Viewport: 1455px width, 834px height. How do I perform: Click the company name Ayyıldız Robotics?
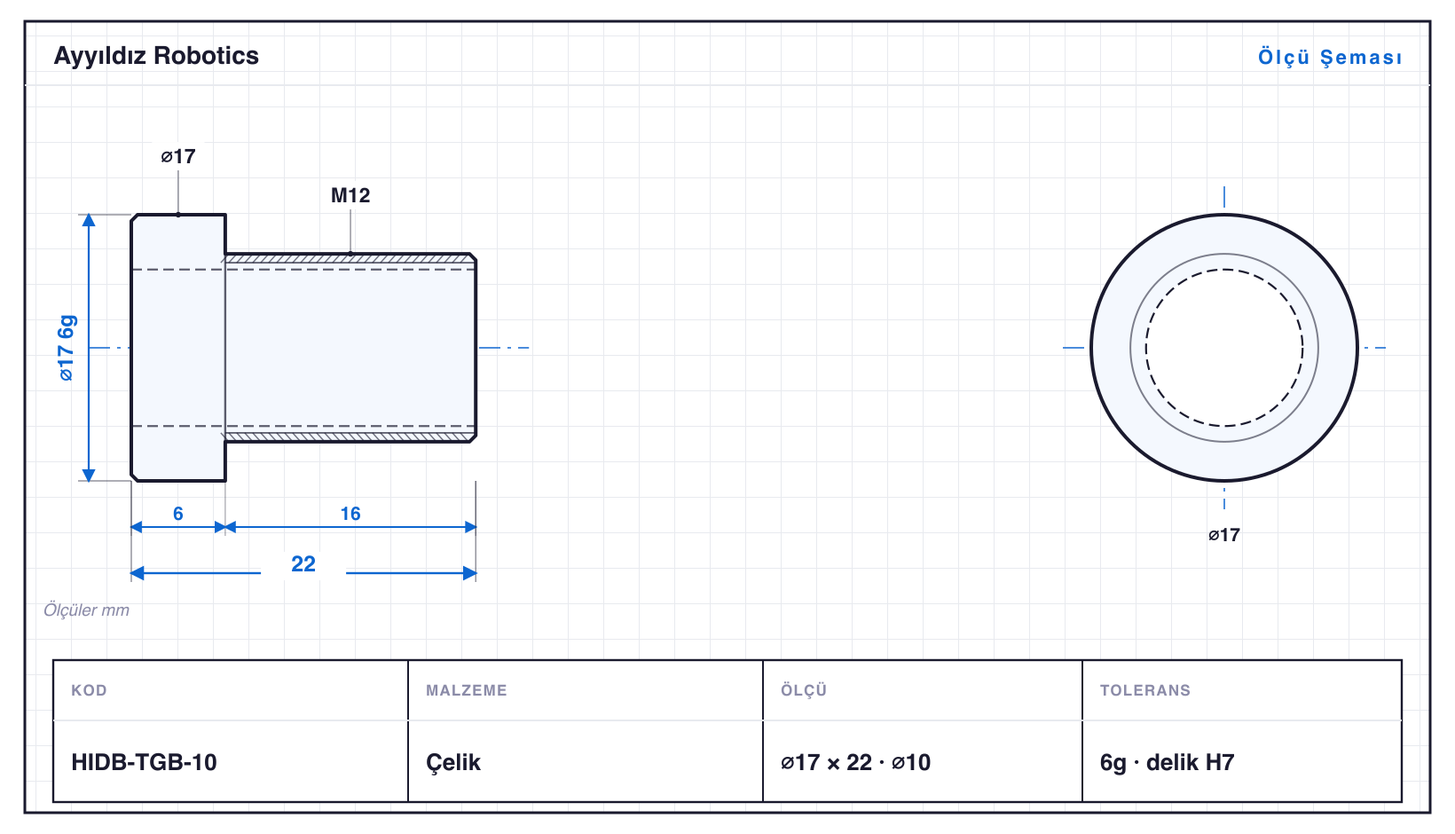point(156,56)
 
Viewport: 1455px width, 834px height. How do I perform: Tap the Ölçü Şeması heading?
point(1330,57)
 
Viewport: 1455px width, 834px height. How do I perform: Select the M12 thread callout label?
point(350,195)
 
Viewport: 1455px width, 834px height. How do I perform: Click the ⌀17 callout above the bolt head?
point(178,156)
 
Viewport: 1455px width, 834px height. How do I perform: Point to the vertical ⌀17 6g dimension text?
point(67,348)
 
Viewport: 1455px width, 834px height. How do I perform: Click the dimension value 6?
point(178,514)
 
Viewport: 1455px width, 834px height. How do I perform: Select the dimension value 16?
point(350,514)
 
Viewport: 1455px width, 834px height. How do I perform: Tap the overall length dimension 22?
point(303,563)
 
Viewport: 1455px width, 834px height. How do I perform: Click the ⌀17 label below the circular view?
point(1224,535)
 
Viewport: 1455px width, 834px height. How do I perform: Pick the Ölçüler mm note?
point(86,610)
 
